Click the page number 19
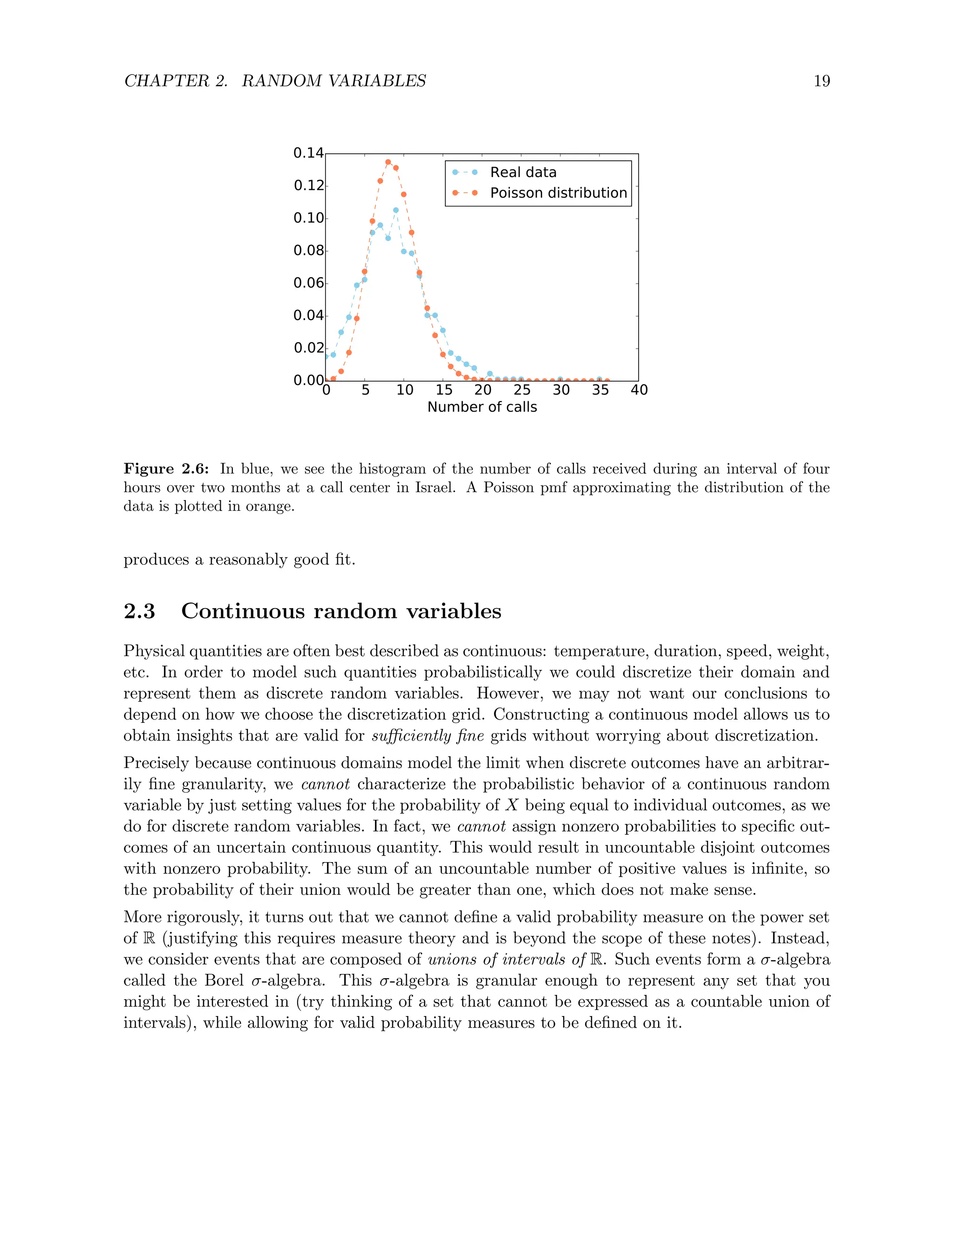coord(821,82)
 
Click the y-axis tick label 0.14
coord(308,153)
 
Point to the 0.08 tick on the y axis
coord(308,251)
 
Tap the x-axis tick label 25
coord(522,390)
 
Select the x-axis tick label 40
coord(639,390)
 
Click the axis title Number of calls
coord(482,407)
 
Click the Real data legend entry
coord(523,172)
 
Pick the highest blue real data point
coord(395,210)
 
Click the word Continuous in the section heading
coord(242,611)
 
